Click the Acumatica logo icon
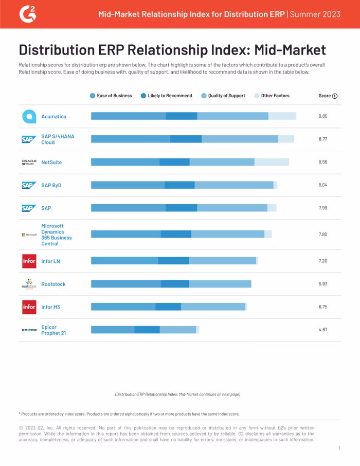pyautogui.click(x=29, y=116)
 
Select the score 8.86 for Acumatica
pyautogui.click(x=323, y=116)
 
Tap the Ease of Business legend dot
pyautogui.click(x=93, y=96)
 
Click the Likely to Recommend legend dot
pyautogui.click(x=143, y=96)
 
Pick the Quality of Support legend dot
pyautogui.click(x=204, y=96)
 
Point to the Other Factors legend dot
pyautogui.click(x=257, y=96)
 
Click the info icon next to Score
pyautogui.click(x=335, y=96)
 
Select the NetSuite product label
pyautogui.click(x=51, y=163)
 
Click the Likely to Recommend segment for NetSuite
pyautogui.click(x=174, y=162)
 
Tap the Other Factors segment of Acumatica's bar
pyautogui.click(x=282, y=116)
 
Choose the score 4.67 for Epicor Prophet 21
pyautogui.click(x=323, y=330)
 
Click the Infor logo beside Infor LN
pyautogui.click(x=29, y=261)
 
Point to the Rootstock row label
pyautogui.click(x=53, y=284)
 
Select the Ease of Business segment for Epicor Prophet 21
pyautogui.click(x=113, y=330)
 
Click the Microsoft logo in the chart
pyautogui.click(x=29, y=235)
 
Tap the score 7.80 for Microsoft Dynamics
pyautogui.click(x=323, y=235)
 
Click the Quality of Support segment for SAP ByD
pyautogui.click(x=234, y=185)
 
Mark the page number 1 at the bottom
pyautogui.click(x=339, y=449)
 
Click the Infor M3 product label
pyautogui.click(x=51, y=307)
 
